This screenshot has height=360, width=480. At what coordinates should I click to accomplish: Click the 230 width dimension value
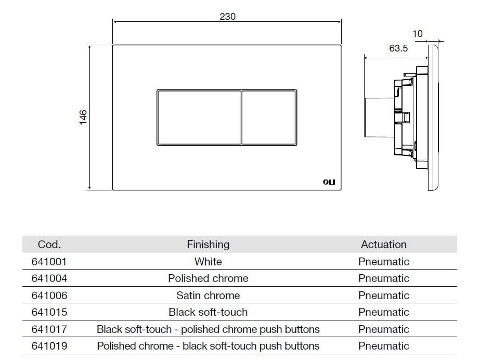pos(227,17)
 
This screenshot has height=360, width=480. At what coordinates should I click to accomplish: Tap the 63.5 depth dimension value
pos(398,48)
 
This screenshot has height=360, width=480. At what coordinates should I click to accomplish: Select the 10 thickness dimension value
pos(417,34)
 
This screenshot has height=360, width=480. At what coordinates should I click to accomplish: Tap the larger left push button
pos(199,117)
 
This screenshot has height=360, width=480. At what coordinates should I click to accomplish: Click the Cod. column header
pos(49,245)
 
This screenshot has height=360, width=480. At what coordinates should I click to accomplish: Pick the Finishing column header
pos(208,245)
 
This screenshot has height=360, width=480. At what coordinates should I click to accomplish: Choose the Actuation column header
pos(384,245)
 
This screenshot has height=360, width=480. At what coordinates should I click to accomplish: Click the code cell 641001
pos(49,262)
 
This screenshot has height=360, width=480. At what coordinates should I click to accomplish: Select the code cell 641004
pos(49,278)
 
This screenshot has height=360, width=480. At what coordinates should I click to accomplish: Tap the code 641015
pos(49,312)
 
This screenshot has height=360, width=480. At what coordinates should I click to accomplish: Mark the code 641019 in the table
pos(49,346)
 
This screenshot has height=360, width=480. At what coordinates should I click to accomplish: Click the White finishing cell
pos(208,262)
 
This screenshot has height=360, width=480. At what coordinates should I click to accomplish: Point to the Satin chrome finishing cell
pos(208,295)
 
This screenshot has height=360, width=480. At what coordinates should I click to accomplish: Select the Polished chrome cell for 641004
pos(208,278)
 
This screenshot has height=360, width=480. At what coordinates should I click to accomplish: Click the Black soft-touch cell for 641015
pos(208,312)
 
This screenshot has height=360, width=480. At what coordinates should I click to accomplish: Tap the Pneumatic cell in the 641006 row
pos(384,295)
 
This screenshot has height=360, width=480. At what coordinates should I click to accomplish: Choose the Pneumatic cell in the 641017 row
pos(384,329)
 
